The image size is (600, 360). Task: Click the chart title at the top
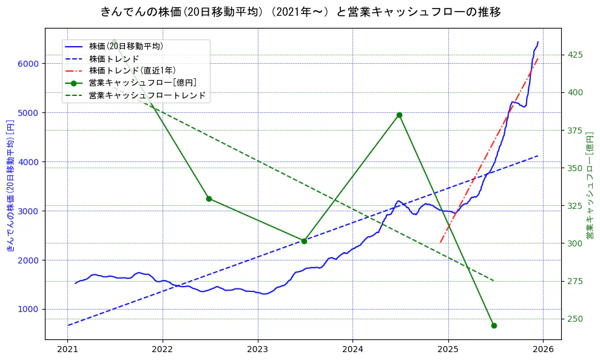300,12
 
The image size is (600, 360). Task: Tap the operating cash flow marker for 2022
209,199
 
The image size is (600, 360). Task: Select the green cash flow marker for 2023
304,241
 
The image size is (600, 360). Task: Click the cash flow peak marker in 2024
399,115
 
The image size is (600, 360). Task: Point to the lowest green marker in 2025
494,325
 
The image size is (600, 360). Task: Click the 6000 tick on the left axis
29,64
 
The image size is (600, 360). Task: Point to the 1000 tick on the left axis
29,309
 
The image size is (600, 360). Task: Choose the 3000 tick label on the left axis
29,211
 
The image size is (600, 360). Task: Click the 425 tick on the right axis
575,55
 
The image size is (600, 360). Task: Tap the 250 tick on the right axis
575,319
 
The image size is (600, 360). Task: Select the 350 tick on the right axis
575,168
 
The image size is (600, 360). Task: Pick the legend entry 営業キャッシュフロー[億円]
142,83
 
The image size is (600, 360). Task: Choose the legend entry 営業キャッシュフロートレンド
147,95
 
